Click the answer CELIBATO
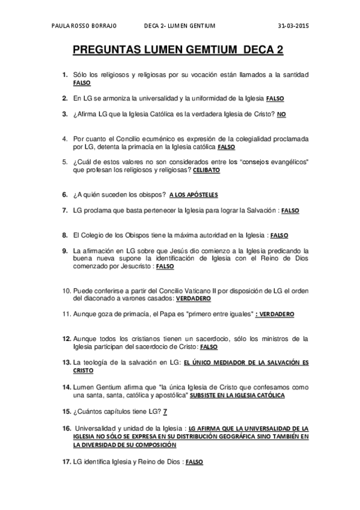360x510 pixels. pos(206,170)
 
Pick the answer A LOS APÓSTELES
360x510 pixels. pos(194,195)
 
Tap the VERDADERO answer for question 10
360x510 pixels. pos(194,298)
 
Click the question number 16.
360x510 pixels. pos(66,428)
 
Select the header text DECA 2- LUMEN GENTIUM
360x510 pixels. pos(180,27)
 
